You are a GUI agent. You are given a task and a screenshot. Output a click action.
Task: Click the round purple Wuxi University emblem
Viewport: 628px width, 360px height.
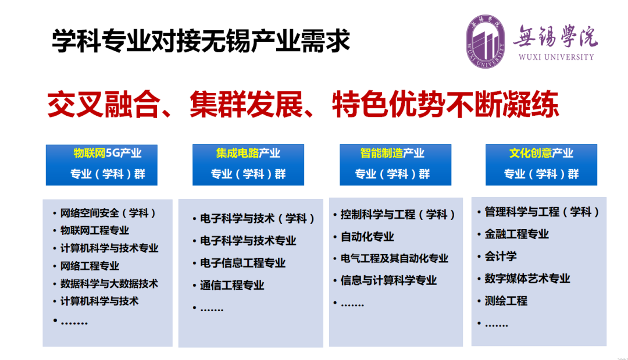[486, 41]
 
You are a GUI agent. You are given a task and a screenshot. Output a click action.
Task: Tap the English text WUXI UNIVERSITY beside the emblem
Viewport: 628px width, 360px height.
[556, 57]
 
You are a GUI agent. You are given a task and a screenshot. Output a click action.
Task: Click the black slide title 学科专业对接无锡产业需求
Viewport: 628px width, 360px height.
[201, 41]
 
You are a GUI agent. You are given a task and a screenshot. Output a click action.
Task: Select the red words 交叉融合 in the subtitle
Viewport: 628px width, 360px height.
[104, 104]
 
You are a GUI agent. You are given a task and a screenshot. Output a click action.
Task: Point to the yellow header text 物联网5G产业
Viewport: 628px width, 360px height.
[108, 153]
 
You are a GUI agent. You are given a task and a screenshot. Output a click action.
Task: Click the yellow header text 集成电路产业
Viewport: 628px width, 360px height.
[248, 153]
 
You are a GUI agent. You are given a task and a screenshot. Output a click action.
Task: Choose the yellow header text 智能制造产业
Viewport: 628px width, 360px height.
[392, 153]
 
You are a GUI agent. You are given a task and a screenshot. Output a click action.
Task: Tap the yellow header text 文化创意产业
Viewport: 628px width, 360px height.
[541, 153]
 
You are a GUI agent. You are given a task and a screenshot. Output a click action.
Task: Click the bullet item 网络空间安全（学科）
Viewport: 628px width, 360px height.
[108, 213]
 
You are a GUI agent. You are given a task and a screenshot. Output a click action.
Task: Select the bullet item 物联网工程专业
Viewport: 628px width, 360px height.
[95, 230]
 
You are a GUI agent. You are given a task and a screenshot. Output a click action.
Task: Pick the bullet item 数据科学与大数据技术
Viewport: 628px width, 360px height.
[109, 283]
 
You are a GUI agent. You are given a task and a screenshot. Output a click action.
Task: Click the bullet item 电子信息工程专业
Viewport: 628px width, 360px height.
[242, 263]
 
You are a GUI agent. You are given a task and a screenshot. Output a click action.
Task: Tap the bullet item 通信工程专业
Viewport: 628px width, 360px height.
[232, 285]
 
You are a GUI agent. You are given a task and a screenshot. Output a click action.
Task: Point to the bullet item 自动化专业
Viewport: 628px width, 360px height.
[367, 237]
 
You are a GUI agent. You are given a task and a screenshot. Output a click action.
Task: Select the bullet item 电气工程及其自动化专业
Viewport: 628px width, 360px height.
[394, 258]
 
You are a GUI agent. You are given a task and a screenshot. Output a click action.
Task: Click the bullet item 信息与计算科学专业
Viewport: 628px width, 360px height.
[388, 280]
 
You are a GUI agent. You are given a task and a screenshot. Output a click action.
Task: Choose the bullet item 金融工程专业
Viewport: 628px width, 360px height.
[517, 234]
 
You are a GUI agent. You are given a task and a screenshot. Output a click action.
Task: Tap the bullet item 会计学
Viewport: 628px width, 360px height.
[501, 256]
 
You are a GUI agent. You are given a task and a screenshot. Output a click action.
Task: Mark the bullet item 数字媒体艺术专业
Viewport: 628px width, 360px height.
[527, 279]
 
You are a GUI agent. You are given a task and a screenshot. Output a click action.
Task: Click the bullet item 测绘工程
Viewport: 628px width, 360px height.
[506, 301]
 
